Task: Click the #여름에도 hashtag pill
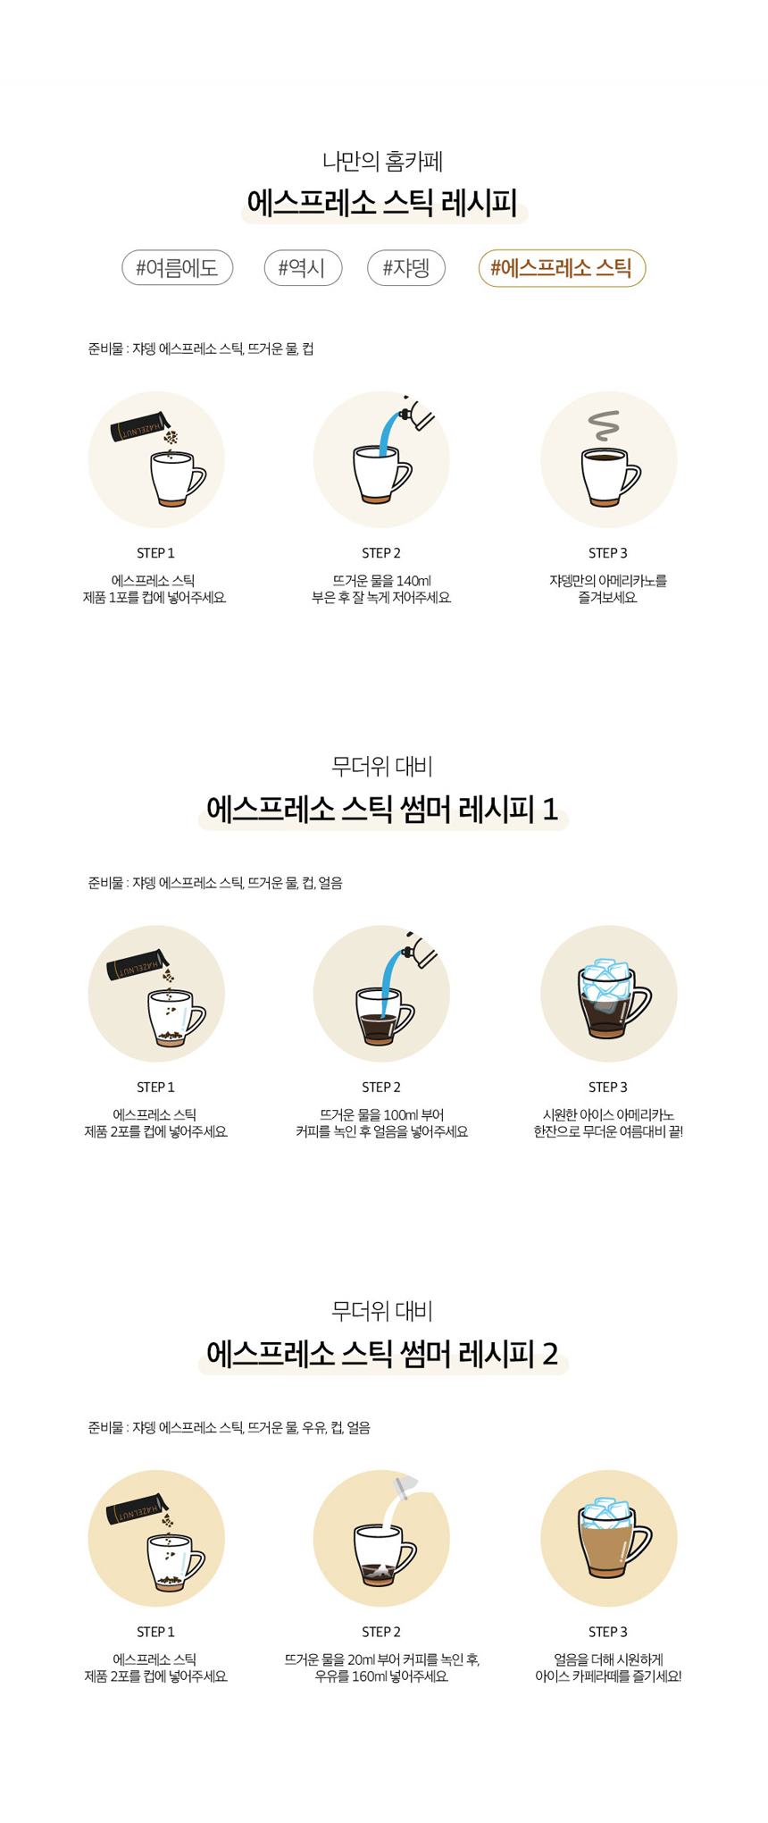[x=177, y=268]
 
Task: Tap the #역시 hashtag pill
[x=303, y=268]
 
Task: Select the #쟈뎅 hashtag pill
[x=406, y=268]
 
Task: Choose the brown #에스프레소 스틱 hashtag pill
[x=562, y=268]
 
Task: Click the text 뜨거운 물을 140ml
[x=381, y=581]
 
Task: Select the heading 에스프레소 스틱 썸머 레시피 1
[x=383, y=810]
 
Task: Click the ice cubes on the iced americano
[x=607, y=979]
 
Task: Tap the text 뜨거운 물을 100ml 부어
[x=381, y=1115]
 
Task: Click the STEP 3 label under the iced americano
[x=607, y=1088]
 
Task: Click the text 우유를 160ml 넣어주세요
[x=381, y=1676]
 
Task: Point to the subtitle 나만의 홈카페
[x=383, y=162]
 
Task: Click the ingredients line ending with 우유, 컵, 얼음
[x=229, y=1428]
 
